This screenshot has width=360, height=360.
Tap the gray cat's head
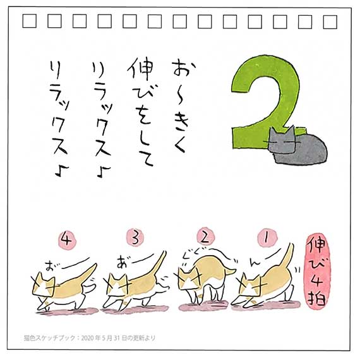282,141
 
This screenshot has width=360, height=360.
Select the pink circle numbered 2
205,237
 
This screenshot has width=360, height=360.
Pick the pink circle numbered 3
135,238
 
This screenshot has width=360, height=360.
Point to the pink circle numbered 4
66,240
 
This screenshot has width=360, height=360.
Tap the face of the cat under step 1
250,287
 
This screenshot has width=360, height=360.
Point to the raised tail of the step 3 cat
159,264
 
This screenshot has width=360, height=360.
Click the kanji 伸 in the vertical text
140,68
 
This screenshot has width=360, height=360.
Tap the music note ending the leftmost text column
62,171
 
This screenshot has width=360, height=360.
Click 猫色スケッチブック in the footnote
50,338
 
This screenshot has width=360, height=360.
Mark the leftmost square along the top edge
30,21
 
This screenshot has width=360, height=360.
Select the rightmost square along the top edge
330,22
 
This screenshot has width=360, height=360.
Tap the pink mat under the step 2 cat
203,306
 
